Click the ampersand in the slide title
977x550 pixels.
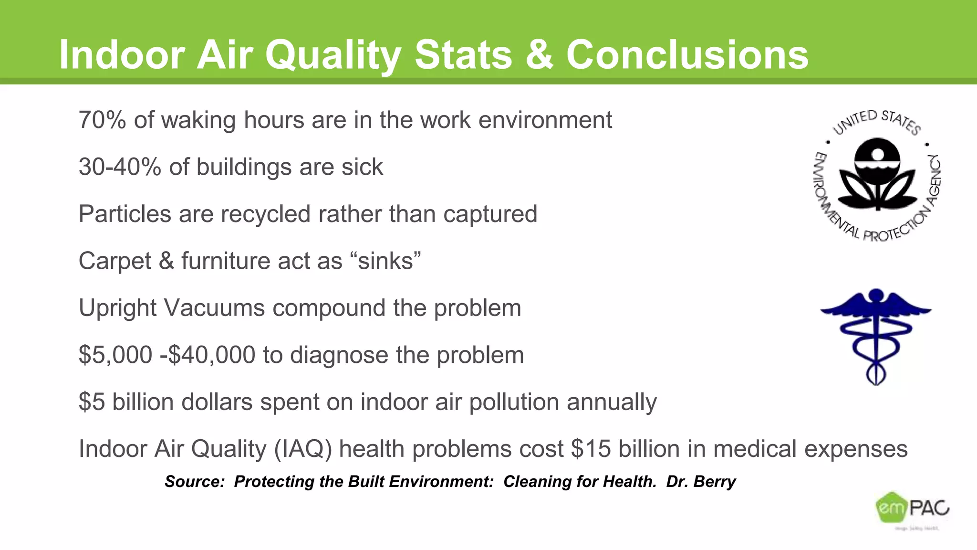coord(539,55)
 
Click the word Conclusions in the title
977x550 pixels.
coord(687,55)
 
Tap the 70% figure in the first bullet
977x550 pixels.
coord(102,120)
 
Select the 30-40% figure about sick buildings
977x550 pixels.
coord(120,167)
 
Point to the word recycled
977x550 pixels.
coord(261,214)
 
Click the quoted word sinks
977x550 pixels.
coord(385,261)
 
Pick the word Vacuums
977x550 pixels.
coord(214,308)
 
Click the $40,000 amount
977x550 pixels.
coord(212,355)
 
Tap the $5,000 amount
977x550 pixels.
coord(115,355)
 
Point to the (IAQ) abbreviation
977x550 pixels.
coord(302,449)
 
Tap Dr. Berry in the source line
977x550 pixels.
coord(701,481)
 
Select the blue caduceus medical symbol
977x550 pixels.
coord(876,336)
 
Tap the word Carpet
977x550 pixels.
coord(114,261)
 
